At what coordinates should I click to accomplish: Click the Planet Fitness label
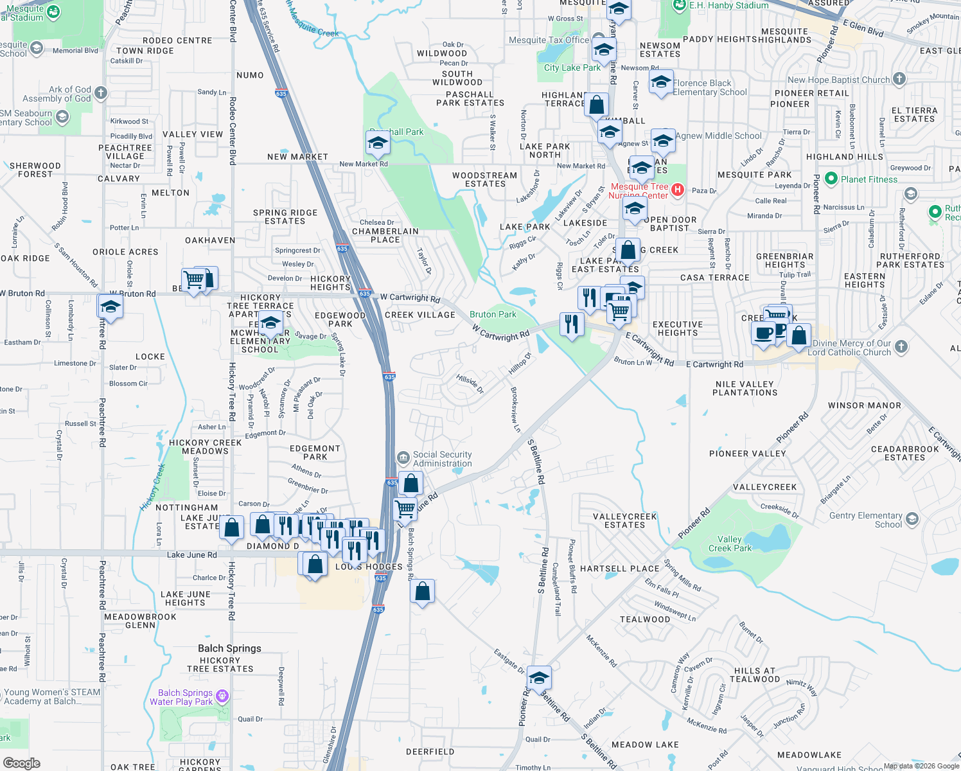click(x=868, y=179)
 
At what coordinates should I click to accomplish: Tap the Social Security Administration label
click(x=442, y=459)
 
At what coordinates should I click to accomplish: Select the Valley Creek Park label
click(x=730, y=544)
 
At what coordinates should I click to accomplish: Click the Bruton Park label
click(x=493, y=314)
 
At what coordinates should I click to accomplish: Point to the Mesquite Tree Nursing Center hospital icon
click(x=678, y=190)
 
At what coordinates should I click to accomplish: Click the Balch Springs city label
click(x=229, y=648)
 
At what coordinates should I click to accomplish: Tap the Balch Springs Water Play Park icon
click(x=222, y=696)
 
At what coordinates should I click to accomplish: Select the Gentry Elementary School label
click(x=865, y=520)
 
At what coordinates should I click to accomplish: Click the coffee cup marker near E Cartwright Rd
click(x=763, y=333)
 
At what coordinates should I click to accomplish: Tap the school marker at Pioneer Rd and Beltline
click(x=538, y=678)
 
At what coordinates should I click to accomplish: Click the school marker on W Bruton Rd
click(x=110, y=307)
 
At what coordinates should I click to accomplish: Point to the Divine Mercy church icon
click(x=901, y=347)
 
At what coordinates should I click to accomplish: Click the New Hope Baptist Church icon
click(x=899, y=79)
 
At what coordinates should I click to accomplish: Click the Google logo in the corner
click(x=21, y=763)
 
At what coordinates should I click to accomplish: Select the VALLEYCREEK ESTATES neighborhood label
click(x=624, y=520)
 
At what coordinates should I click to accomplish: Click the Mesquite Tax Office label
click(x=549, y=40)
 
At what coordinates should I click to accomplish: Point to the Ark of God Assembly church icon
click(x=101, y=94)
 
